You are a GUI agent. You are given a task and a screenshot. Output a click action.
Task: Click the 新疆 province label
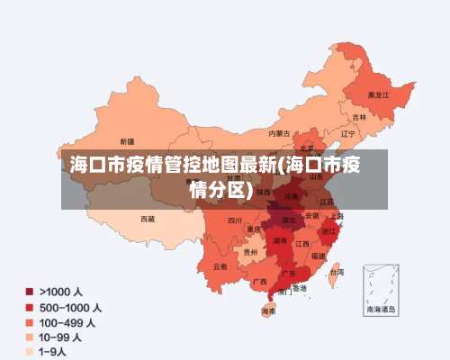[125, 141]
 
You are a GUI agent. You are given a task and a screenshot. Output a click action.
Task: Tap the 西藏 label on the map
[148, 219]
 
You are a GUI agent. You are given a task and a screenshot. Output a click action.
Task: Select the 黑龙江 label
[378, 94]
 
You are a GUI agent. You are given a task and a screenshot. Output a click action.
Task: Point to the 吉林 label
[359, 117]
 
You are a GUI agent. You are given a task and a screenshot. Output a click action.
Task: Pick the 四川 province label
[235, 220]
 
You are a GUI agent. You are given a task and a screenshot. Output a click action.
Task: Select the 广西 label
[259, 282]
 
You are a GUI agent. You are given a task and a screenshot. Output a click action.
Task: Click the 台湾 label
[336, 272]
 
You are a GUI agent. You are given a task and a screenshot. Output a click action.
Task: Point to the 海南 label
[268, 311]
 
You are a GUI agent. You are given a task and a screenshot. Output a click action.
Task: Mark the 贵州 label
[250, 253]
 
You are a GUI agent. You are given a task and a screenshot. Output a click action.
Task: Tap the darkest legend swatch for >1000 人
[31, 292]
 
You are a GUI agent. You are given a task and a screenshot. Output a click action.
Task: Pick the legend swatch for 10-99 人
[31, 337]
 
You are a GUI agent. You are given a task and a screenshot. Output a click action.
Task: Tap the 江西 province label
[302, 244]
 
